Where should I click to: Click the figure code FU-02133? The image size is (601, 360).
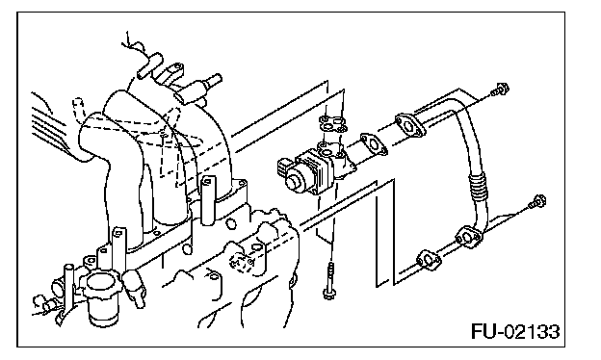[515, 331]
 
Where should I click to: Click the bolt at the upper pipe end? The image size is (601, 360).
[500, 90]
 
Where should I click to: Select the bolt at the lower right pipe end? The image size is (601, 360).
[537, 202]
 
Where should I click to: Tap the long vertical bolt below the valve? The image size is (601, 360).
[329, 280]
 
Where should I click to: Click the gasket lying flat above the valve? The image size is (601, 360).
[332, 124]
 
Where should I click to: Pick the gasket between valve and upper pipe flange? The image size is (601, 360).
[374, 143]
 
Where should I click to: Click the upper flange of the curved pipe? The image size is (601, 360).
[410, 124]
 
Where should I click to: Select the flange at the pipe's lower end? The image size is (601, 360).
[468, 237]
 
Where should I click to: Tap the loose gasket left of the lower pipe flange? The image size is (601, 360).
[429, 260]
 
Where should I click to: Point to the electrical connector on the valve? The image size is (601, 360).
[284, 168]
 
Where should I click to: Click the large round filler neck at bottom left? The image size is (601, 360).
[101, 296]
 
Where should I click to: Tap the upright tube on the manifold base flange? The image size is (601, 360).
[207, 200]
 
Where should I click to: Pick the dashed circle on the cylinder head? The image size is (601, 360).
[239, 263]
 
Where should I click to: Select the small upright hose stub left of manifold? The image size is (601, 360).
[78, 107]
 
